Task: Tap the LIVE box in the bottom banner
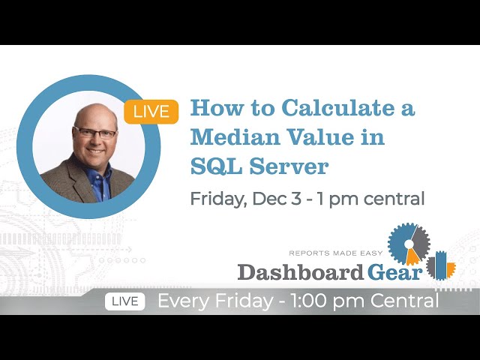[x=124, y=301]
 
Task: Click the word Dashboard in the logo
[x=300, y=271]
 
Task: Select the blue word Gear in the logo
[x=394, y=271]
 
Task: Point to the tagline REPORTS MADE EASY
[x=336, y=253]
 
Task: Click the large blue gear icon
[x=409, y=244]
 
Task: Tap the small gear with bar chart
[x=441, y=266]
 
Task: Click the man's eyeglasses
[x=95, y=133]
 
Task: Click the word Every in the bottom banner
[x=184, y=301]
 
